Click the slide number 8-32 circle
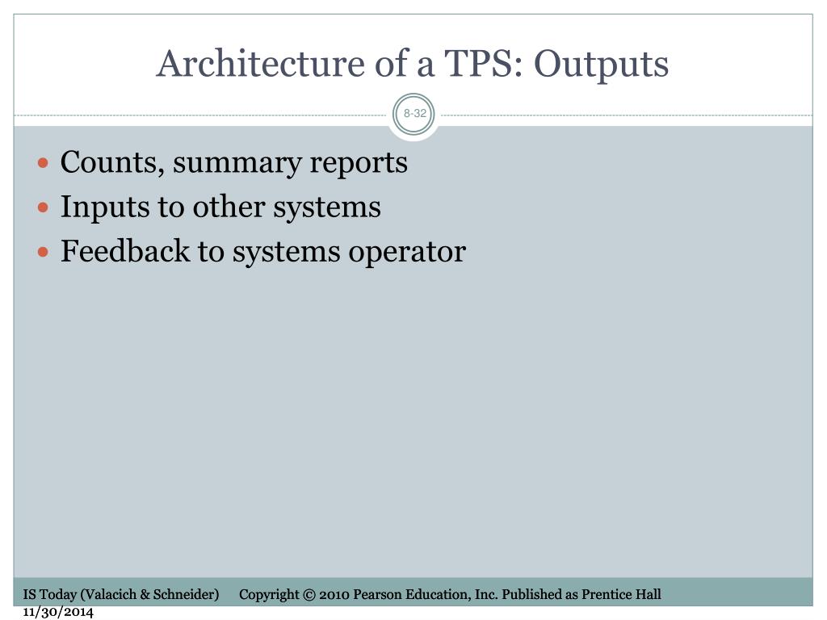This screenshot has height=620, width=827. tap(414, 114)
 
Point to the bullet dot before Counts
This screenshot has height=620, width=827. tap(44, 163)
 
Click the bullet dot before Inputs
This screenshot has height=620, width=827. tap(44, 207)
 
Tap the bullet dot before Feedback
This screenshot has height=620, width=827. tap(44, 252)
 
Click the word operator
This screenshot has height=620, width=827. tap(407, 253)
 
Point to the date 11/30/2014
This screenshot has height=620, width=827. tap(58, 612)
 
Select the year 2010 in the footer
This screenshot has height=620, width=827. tap(334, 595)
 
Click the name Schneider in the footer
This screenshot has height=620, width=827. tap(185, 595)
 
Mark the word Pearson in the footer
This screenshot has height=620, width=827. tap(377, 595)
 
